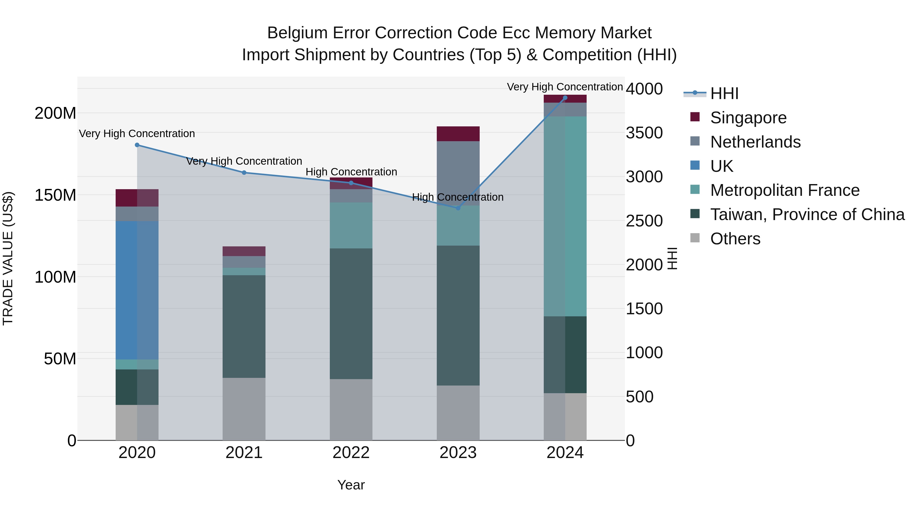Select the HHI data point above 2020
tap(137, 145)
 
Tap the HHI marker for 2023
tap(458, 208)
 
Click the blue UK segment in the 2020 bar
tap(137, 290)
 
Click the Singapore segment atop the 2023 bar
tap(458, 134)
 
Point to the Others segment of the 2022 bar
tap(351, 409)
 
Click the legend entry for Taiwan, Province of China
tap(807, 214)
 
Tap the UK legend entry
tap(721, 166)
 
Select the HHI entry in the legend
tap(724, 93)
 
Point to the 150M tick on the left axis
tap(55, 195)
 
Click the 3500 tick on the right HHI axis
tap(644, 133)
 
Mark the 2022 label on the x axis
tap(351, 453)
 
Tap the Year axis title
tap(351, 485)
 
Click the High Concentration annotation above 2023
tap(458, 197)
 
